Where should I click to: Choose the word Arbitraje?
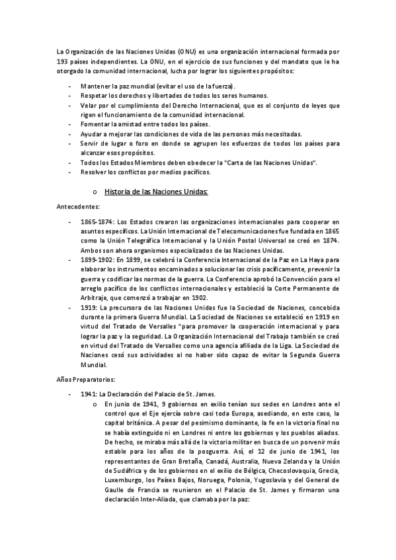[95, 298]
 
